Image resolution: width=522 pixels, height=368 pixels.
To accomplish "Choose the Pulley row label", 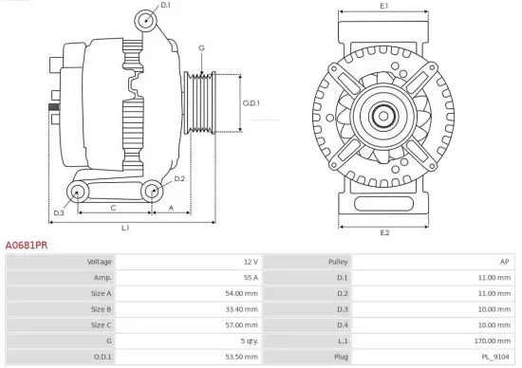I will point(338,262).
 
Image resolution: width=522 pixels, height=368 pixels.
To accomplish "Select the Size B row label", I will point(102,309).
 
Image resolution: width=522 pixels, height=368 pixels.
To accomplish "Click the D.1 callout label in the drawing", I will point(165,6).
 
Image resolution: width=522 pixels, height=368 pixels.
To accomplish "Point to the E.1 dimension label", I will point(383,7).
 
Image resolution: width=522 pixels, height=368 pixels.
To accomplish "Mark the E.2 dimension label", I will point(384,232).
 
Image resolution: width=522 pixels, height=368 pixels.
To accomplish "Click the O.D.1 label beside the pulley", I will point(251,103).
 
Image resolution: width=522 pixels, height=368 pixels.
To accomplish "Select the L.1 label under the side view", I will point(125,228).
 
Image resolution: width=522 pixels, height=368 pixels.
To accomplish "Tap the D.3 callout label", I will point(59,213).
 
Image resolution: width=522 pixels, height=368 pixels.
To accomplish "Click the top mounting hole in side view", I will point(144,21).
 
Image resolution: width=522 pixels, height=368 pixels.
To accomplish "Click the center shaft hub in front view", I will point(383,117).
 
